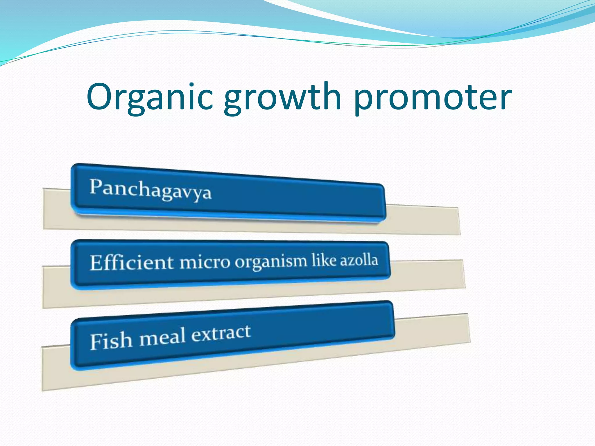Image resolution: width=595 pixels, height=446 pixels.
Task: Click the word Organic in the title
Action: point(150,97)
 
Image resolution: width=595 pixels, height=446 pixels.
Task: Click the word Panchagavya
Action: point(150,190)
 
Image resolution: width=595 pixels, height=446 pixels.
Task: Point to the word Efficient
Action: point(132,262)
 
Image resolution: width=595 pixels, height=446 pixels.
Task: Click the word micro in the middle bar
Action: point(205,262)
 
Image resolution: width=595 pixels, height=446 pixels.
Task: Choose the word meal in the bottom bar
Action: point(162,337)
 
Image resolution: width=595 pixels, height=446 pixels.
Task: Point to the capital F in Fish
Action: point(96,341)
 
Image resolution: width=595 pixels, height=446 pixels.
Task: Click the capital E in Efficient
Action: point(97,262)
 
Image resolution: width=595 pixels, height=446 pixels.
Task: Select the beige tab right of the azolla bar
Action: point(427,274)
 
